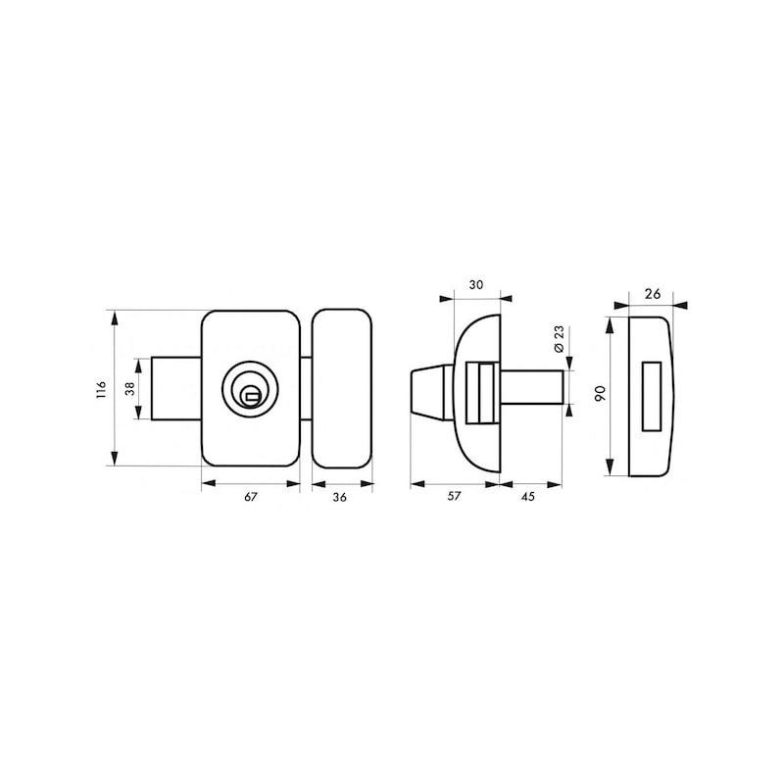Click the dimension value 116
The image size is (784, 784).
tap(102, 389)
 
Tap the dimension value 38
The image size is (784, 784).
tap(130, 389)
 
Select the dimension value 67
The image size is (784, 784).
tap(251, 497)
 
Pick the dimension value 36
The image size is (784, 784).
tap(339, 497)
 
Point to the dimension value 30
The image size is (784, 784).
tap(476, 285)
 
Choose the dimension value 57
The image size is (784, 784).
tap(454, 496)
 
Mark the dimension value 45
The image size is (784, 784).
tap(528, 496)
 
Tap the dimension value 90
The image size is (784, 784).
tap(601, 393)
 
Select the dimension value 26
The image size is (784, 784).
tap(653, 293)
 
